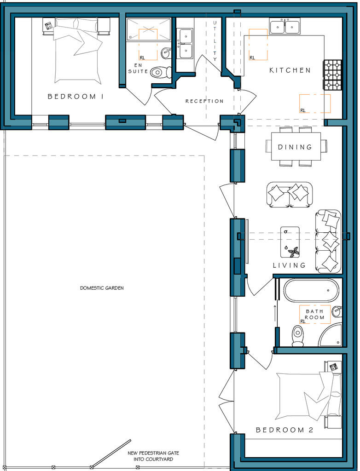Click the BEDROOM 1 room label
click(x=75, y=97)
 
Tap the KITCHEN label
click(x=290, y=70)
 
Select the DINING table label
click(x=295, y=147)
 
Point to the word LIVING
click(x=289, y=265)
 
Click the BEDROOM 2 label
click(x=285, y=430)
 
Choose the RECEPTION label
click(x=204, y=101)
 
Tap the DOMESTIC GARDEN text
click(x=102, y=288)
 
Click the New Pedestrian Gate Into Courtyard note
click(x=153, y=456)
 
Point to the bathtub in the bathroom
click(x=311, y=291)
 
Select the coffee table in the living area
click(x=290, y=242)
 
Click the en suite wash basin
click(x=166, y=53)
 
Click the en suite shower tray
click(x=149, y=29)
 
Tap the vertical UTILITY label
click(x=215, y=41)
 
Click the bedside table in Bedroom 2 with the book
click(x=333, y=367)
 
